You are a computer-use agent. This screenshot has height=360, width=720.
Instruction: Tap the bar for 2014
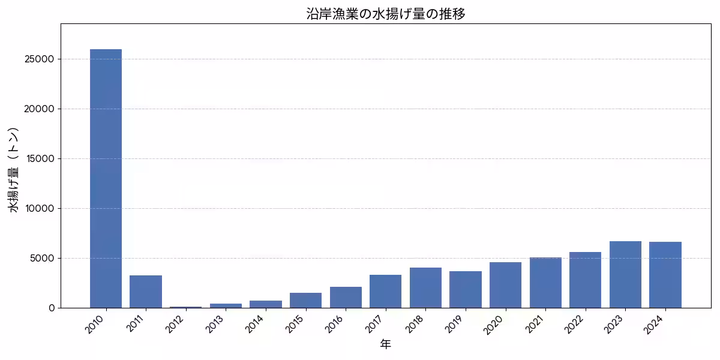[x=266, y=304]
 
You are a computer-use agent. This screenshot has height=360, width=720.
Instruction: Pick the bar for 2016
[x=346, y=298]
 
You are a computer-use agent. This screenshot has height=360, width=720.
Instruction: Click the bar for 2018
[x=425, y=288]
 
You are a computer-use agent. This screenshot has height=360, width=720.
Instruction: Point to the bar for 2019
[x=466, y=290]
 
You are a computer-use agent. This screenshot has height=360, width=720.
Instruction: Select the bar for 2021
[x=545, y=283]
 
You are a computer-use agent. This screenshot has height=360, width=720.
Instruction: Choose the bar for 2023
[x=625, y=275]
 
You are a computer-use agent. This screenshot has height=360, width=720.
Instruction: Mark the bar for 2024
[x=665, y=275]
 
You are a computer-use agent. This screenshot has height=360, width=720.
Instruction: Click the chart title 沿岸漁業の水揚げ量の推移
[x=386, y=14]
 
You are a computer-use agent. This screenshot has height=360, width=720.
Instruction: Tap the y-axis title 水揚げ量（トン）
[x=15, y=170]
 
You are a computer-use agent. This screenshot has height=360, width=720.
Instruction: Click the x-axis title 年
[x=386, y=344]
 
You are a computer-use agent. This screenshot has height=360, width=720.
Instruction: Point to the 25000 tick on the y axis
[x=40, y=59]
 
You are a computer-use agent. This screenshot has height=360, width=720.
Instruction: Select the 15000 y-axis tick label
[x=40, y=159]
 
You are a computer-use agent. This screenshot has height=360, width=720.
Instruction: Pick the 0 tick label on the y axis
[x=52, y=308]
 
